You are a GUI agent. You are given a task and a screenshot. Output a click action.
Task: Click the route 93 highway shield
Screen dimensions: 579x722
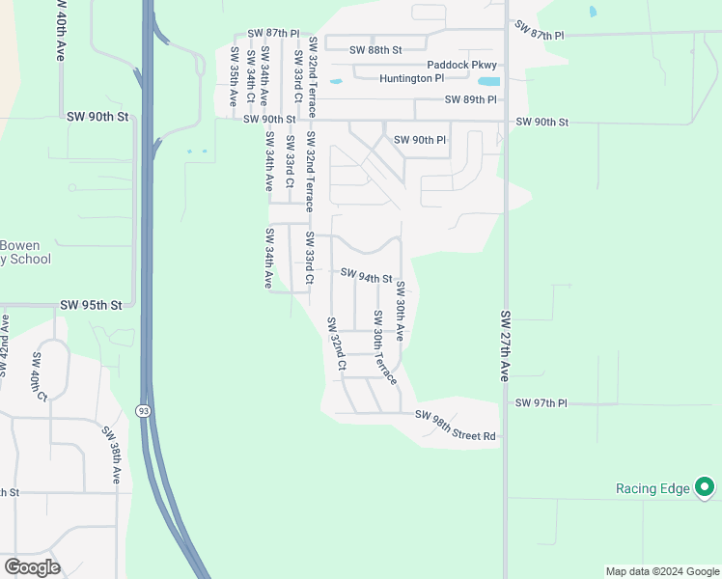pos(143,411)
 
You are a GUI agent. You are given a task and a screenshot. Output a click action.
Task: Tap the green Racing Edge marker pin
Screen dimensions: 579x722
pos(705,487)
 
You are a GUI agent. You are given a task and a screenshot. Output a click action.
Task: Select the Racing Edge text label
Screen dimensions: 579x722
pos(653,488)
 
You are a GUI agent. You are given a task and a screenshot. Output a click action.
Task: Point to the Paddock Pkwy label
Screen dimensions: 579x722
pos(461,66)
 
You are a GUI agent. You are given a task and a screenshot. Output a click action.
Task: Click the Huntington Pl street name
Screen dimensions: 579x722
pos(411,78)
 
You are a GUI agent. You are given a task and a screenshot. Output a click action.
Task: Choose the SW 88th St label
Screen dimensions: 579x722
pos(375,49)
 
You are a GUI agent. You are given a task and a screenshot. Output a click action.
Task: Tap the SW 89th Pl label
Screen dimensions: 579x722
pos(470,99)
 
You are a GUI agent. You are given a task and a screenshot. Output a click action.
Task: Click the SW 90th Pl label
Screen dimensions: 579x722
pos(420,140)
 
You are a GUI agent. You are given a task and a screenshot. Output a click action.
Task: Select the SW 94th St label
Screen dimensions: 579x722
pos(366,277)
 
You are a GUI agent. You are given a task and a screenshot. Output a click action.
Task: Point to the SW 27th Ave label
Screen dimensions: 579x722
pos(504,345)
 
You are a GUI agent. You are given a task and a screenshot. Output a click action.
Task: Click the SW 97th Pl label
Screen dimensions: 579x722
pos(541,402)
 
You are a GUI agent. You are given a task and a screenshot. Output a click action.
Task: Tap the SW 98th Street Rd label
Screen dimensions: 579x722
pos(455,426)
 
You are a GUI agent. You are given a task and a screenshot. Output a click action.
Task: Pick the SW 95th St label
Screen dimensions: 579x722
pos(91,304)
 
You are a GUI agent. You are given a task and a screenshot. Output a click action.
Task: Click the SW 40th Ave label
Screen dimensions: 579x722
pos(60,32)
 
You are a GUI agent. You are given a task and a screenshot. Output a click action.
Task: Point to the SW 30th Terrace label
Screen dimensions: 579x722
pos(384,346)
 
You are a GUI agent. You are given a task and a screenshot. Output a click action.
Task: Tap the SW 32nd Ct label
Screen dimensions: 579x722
pos(335,344)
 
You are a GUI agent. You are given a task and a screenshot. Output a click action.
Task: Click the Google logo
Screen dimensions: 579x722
pos(32,567)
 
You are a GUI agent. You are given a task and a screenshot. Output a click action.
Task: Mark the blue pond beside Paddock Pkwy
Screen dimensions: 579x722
pos(488,81)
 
